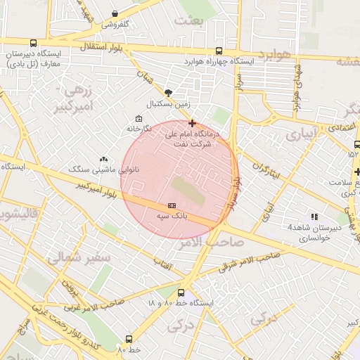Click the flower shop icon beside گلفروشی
(x=115, y=13)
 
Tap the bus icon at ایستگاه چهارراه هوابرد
(x=219, y=51)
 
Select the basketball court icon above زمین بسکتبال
(x=168, y=92)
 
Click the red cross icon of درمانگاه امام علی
(x=192, y=123)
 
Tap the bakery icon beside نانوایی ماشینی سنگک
(x=104, y=159)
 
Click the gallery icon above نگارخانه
(x=138, y=118)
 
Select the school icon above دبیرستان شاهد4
(x=314, y=217)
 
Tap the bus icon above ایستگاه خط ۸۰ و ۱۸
(x=181, y=292)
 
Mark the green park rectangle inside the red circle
(x=188, y=192)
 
